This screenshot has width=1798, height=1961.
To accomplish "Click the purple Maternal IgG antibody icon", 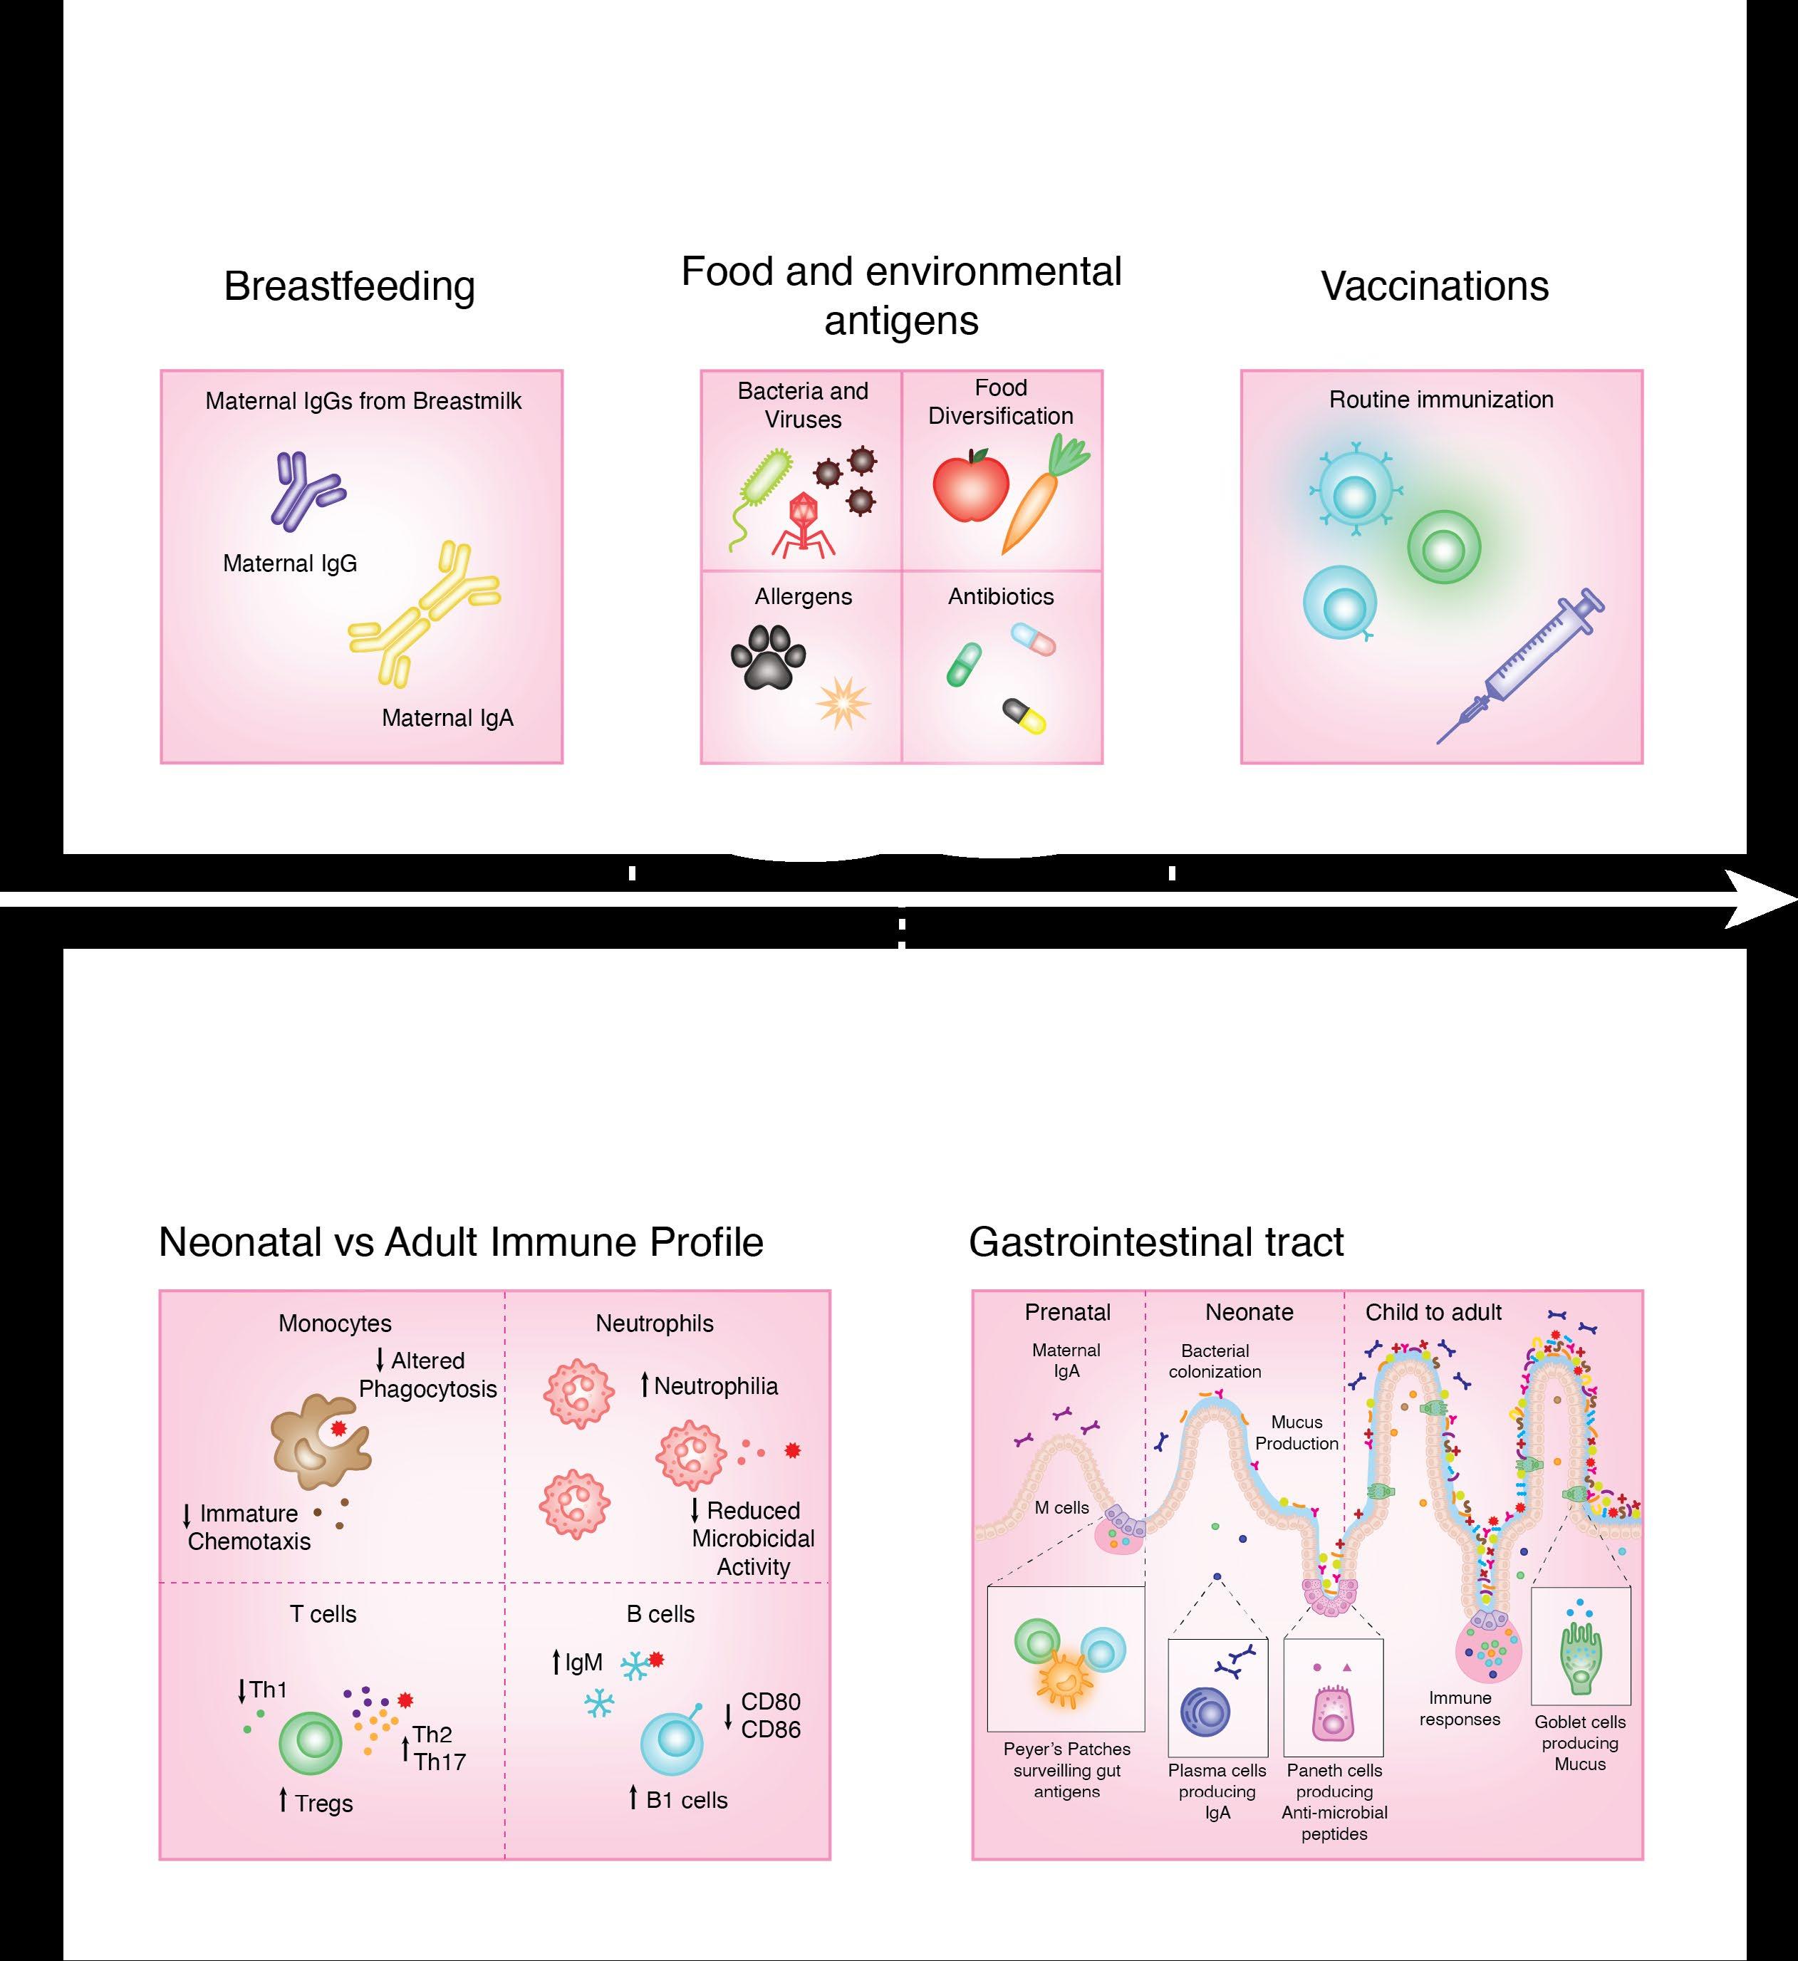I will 303,491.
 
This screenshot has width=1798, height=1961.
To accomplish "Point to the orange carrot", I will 1040,496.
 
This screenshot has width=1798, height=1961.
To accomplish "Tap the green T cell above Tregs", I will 311,1744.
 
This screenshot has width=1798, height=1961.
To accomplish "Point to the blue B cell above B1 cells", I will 671,1743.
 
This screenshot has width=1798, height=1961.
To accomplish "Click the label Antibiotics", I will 1000,596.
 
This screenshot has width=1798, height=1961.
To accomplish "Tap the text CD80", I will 771,1701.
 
